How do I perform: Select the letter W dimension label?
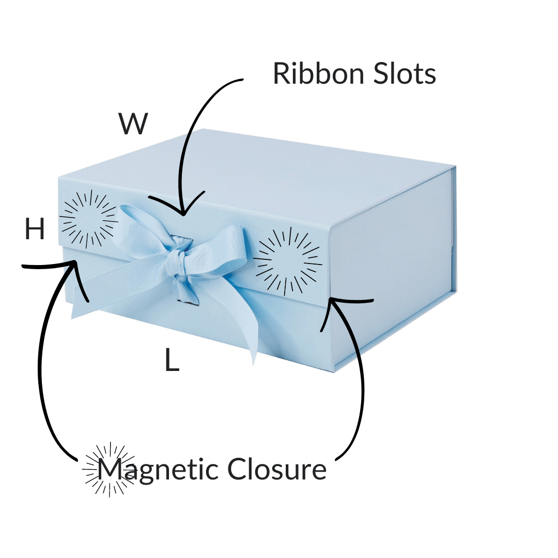[133, 125]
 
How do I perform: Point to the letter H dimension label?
[35, 230]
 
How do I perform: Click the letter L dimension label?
[172, 361]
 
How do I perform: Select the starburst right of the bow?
[287, 259]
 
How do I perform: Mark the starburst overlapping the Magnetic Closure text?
[110, 470]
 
